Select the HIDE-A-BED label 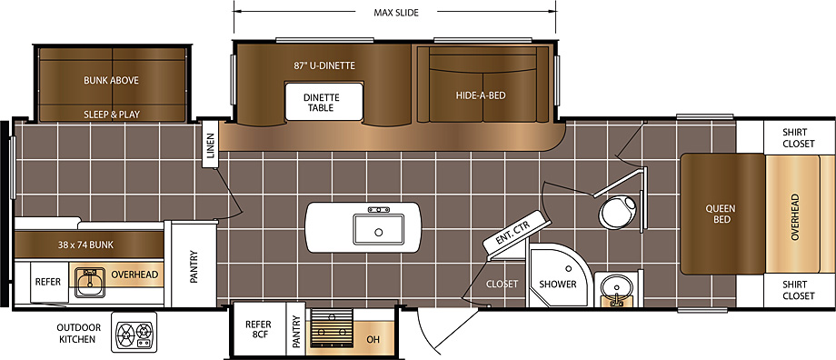coord(481,96)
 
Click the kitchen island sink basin coord(379,229)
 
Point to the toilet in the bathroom coord(619,211)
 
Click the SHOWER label coord(557,285)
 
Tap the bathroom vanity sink coord(617,290)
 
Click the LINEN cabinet coord(210,145)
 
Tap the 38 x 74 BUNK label coord(85,245)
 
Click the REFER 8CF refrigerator coord(258,329)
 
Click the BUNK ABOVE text coord(111,81)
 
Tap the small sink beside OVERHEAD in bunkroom coord(88,283)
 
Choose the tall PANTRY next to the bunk coord(194,265)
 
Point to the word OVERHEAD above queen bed coord(795,216)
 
